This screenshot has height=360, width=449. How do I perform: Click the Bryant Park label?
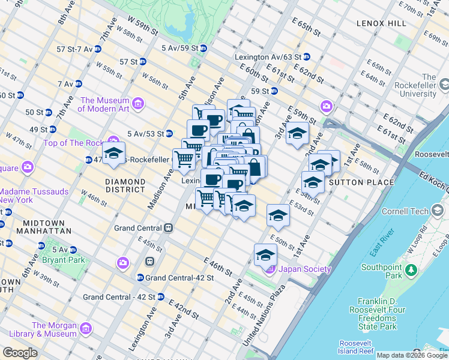(x=64, y=260)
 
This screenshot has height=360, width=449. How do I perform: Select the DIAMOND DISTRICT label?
(x=125, y=185)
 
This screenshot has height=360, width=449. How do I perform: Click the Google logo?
(x=20, y=353)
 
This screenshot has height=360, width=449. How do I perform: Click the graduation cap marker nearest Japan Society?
(x=265, y=256)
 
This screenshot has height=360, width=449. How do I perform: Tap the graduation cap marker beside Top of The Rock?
(x=113, y=154)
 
